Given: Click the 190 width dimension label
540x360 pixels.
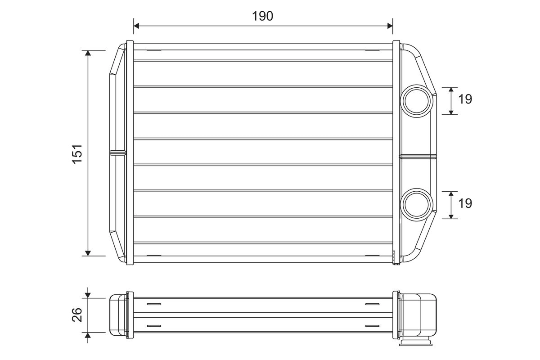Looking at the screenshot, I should coord(262,16).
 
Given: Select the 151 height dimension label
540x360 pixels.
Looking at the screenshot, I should coord(77,153).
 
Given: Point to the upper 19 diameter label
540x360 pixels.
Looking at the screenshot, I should coord(465,99).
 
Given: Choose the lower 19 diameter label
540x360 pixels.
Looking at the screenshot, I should coord(465,203).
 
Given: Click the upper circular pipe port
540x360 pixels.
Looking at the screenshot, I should coord(416,100).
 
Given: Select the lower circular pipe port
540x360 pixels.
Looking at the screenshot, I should coord(416,204).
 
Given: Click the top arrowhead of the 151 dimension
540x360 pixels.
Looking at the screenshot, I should coord(88,54).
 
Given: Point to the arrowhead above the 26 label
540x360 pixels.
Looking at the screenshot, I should coord(88,294).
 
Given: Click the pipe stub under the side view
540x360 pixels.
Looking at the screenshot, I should coord(416,343).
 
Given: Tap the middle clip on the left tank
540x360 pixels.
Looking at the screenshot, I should coord(118,153).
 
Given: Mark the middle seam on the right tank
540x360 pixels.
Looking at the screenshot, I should coord(418,156).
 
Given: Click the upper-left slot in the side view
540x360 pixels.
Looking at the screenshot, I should coord(154,305).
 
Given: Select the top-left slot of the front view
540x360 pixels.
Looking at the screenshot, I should coord(154,50).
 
